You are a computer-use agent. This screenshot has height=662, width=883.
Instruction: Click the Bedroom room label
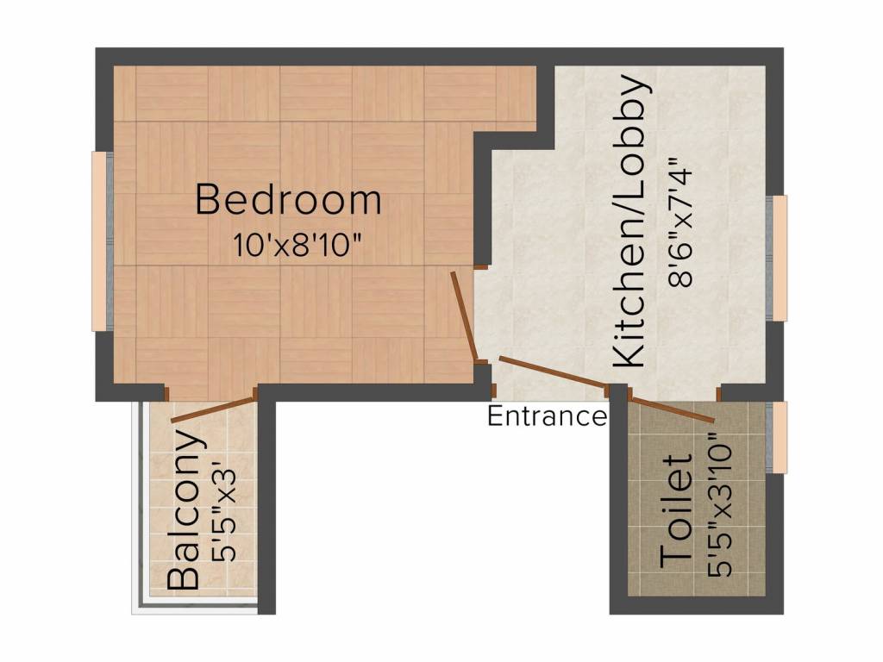[288, 200]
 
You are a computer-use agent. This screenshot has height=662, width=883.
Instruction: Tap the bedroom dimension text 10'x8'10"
[296, 246]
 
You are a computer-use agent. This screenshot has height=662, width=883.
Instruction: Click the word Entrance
[547, 416]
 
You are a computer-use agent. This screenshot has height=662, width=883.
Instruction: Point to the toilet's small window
[779, 436]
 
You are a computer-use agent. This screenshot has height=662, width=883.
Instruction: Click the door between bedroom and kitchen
[464, 315]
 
